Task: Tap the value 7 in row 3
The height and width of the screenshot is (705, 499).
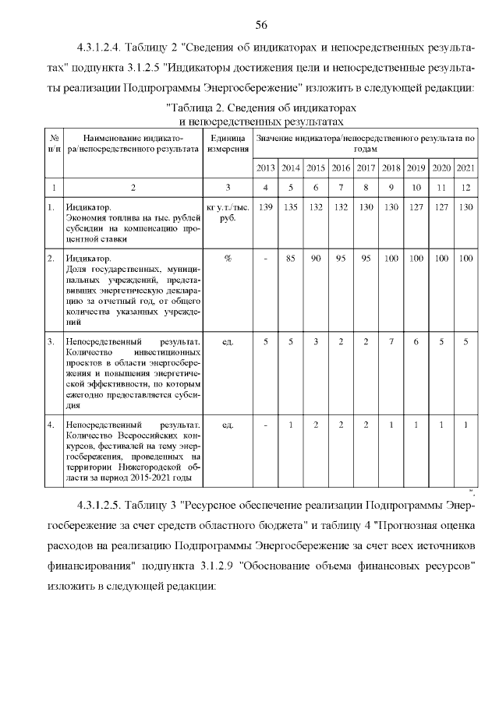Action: click(x=391, y=341)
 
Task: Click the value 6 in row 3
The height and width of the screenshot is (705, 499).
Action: click(x=416, y=341)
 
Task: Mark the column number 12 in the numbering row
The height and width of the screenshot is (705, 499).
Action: click(x=465, y=188)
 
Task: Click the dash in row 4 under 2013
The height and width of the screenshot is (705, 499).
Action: click(x=265, y=425)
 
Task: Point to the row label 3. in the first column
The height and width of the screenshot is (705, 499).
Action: click(x=51, y=341)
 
